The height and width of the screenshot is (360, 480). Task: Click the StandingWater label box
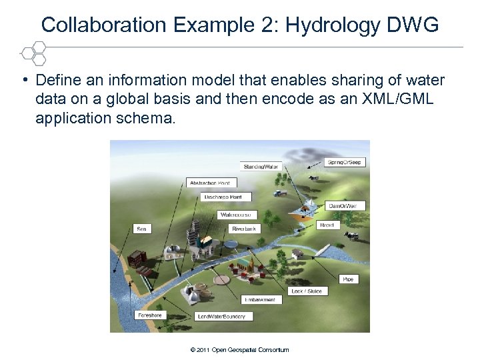[x=261, y=166]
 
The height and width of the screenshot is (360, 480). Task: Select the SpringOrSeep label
[x=345, y=162]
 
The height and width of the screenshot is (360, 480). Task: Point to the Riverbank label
[x=245, y=228]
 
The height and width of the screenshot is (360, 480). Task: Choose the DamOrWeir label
[x=347, y=206]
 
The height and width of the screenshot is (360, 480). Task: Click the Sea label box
[x=141, y=228]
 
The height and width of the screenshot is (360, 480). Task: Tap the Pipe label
[x=348, y=278]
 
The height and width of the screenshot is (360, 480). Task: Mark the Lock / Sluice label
[x=306, y=291]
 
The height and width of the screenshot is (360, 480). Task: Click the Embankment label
[x=259, y=299]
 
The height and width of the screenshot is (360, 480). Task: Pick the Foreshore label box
[x=149, y=315]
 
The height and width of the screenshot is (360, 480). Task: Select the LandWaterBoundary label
[x=221, y=316]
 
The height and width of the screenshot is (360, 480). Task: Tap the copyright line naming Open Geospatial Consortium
[x=239, y=349]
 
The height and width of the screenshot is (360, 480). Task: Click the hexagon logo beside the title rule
[x=31, y=52]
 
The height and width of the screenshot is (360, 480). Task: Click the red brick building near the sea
[x=137, y=258]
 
